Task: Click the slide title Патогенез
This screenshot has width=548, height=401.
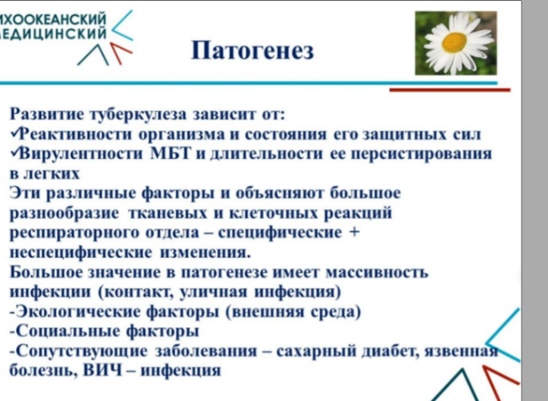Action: point(253,50)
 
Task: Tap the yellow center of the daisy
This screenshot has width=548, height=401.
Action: point(454,42)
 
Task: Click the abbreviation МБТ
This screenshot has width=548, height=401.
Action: point(171,153)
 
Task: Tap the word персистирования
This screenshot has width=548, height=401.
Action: point(421,154)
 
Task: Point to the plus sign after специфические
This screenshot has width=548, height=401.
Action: point(354,232)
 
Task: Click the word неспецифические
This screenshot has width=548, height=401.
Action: point(81,252)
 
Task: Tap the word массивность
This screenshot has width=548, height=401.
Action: point(377,272)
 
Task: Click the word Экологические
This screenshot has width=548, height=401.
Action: point(77,311)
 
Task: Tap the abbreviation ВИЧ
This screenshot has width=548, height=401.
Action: point(103,370)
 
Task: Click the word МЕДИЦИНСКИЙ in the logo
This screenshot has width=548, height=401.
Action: point(52,33)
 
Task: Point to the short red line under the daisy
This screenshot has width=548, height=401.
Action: point(450,90)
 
